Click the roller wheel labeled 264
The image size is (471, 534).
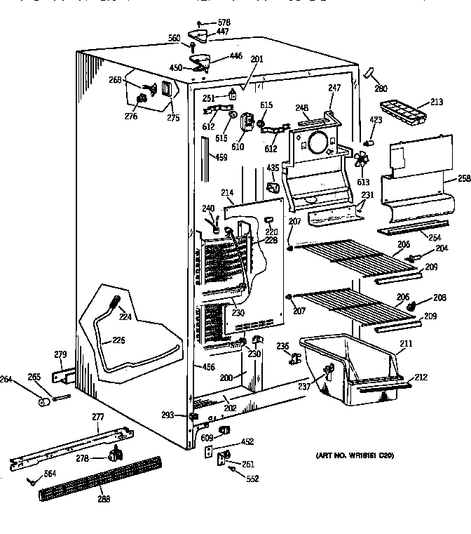point(43,402)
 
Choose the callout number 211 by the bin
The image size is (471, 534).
point(405,344)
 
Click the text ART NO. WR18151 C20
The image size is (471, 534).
point(355,456)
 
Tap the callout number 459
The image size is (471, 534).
point(222,158)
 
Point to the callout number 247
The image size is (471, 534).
point(334,88)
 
